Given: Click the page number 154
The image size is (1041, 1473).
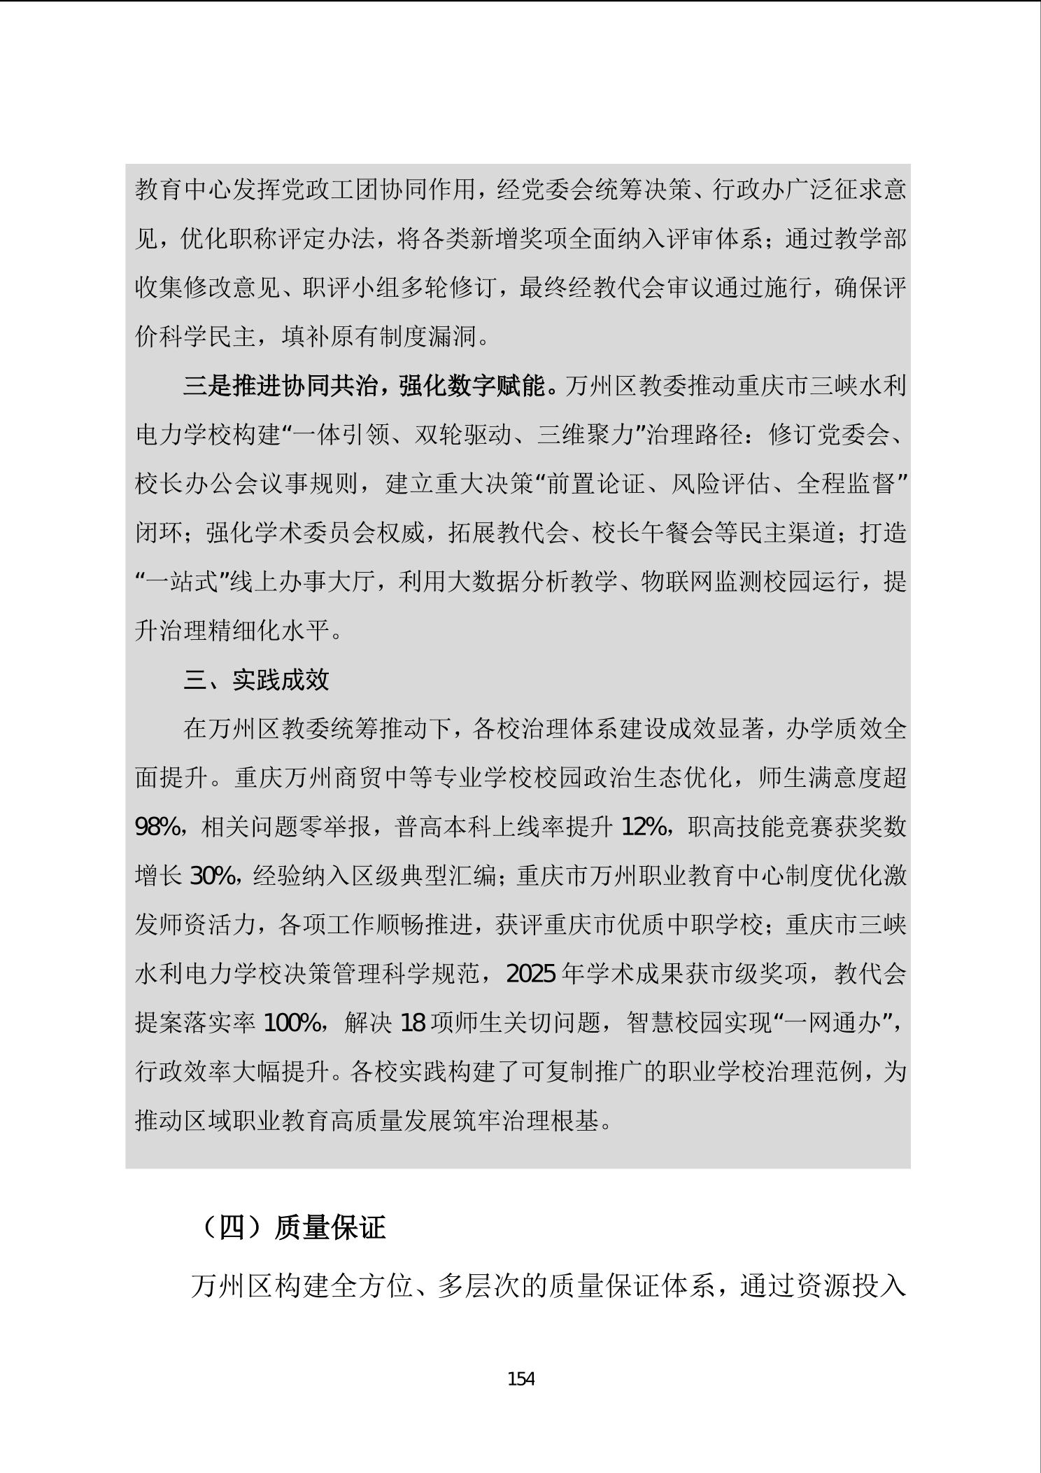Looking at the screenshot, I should pos(520,1379).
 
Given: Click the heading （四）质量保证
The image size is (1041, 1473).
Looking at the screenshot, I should pos(293,1228).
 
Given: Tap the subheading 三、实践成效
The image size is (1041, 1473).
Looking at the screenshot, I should pos(256,680).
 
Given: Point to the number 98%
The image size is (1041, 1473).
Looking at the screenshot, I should pos(157,828).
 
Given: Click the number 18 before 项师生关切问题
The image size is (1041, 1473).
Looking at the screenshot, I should pos(413,1024).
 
